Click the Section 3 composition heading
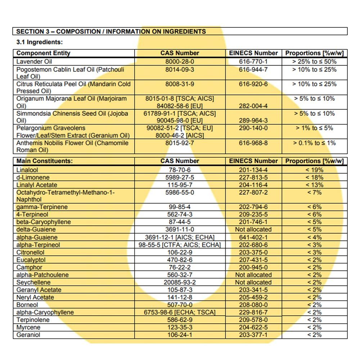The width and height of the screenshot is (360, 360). point(111,31)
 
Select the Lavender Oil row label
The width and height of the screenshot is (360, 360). point(34,62)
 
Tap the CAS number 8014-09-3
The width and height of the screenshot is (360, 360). point(180,69)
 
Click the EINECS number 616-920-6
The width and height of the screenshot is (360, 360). point(253,84)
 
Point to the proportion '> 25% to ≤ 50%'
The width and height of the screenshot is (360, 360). point(314,62)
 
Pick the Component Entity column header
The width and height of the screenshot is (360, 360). point(43,53)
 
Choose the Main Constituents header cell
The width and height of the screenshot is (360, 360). point(44,161)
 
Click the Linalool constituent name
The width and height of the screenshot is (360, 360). point(27,170)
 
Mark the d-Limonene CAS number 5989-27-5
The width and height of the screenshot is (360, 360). point(180,177)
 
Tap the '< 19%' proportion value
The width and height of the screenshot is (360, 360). point(314,170)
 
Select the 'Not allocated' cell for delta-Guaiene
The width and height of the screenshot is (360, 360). point(253,230)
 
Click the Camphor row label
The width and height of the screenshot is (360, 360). point(29,267)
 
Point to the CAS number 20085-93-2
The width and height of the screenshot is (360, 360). point(180,283)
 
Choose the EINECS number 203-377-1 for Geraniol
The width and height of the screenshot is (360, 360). point(253,335)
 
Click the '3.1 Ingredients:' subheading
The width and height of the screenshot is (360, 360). point(40,42)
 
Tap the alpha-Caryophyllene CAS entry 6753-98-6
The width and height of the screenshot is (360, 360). point(180,312)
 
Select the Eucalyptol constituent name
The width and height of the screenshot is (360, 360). point(31,260)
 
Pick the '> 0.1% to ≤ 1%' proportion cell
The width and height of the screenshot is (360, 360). point(314,143)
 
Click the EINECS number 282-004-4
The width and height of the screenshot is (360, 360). point(253,106)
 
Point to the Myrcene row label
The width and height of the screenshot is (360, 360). point(28,328)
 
